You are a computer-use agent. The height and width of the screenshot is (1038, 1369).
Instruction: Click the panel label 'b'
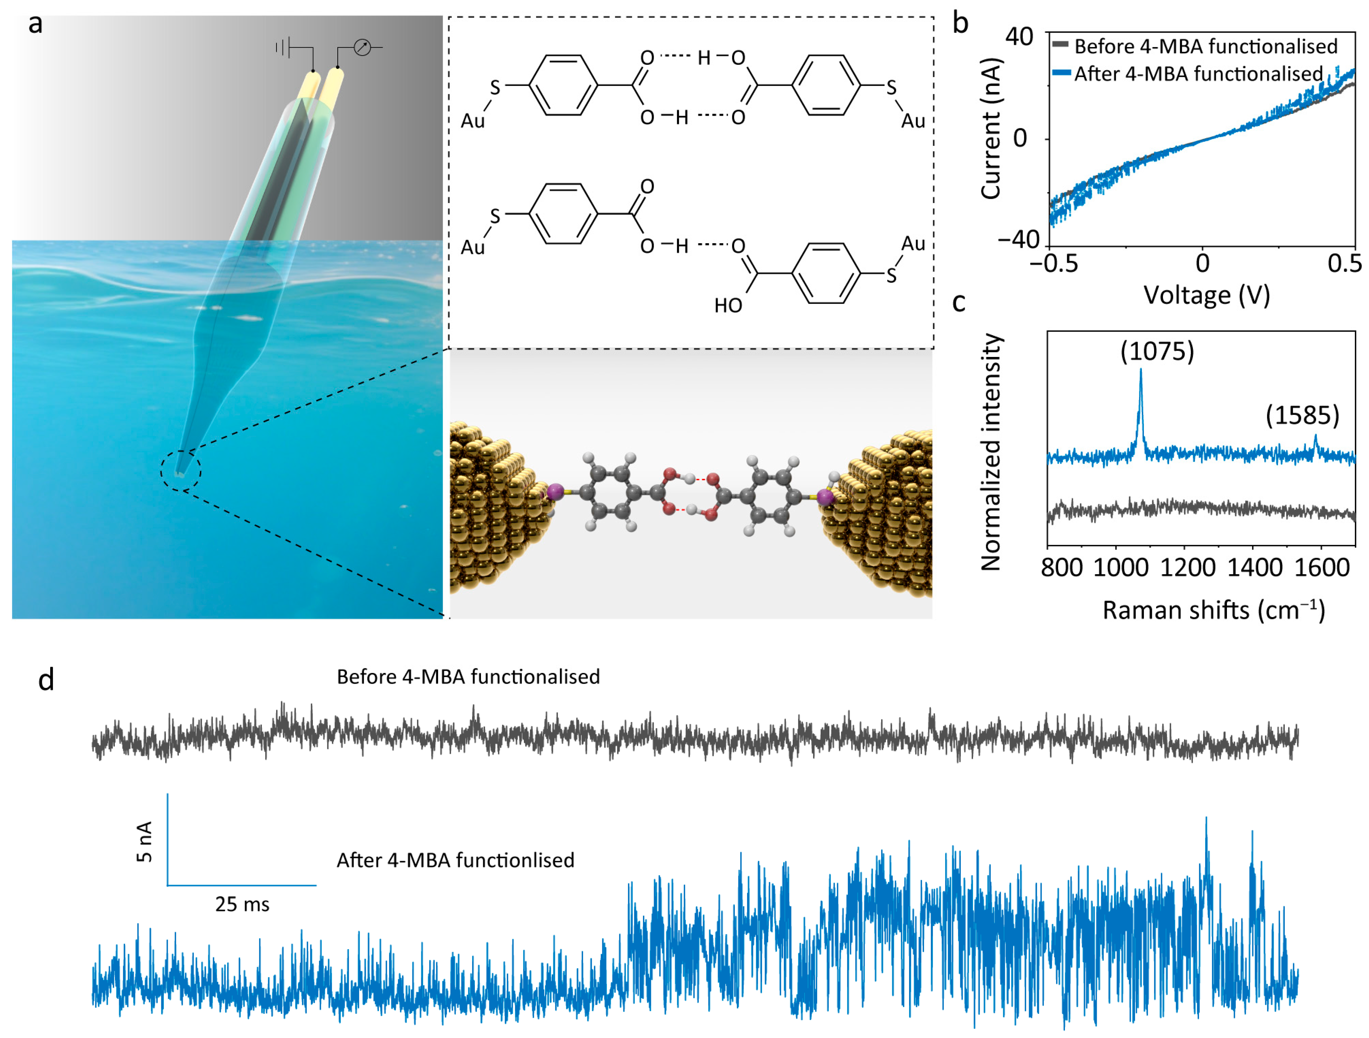point(960,23)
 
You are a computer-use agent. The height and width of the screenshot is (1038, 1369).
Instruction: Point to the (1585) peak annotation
point(1302,415)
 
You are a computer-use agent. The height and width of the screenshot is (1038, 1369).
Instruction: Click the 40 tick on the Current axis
point(1019,37)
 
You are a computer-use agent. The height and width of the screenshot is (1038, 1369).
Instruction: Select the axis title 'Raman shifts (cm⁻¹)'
point(1214,610)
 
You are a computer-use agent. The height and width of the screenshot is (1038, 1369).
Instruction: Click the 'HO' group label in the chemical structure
point(728,305)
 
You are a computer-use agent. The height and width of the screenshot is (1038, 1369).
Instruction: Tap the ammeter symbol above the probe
point(362,47)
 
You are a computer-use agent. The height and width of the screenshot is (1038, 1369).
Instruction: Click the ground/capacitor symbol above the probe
point(283,47)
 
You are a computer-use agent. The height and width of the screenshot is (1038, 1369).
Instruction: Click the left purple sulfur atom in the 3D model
point(554,492)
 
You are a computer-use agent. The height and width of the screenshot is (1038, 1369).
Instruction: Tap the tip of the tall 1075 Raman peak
point(1141,370)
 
